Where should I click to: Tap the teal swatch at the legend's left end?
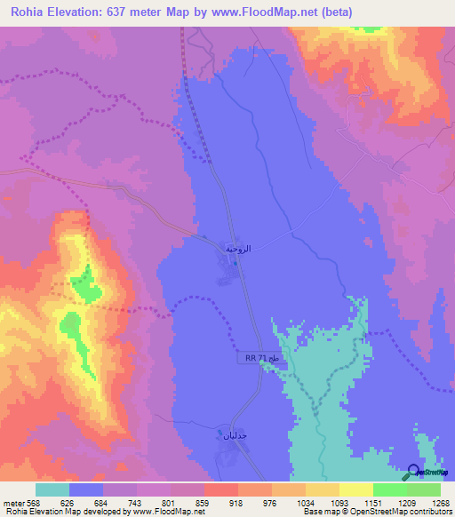click(52, 489)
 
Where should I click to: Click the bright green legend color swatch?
click(390, 489)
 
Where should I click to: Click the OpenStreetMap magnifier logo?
click(412, 472)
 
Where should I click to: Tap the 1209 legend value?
click(389, 502)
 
